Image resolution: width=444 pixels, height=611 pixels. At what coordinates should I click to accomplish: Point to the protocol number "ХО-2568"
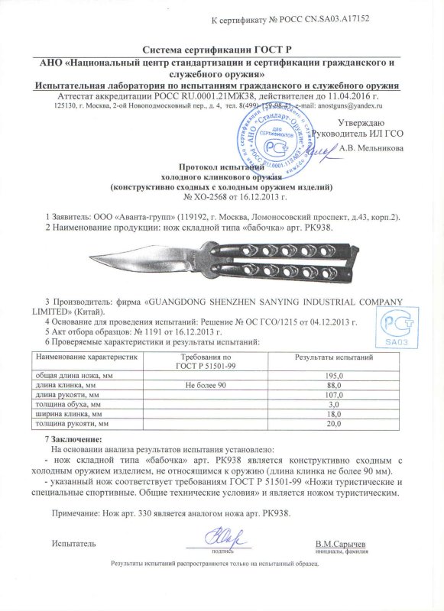[x=204, y=196]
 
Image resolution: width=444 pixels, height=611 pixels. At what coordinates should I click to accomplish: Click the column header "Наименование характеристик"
[x=86, y=357]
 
